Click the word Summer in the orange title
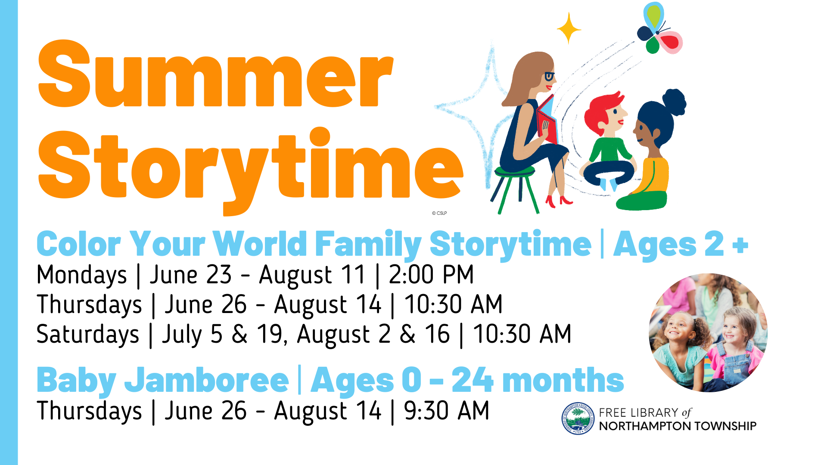(x=215, y=74)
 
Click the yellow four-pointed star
(x=569, y=28)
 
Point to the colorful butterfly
(x=659, y=29)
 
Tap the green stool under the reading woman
(x=515, y=189)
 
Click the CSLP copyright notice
(x=439, y=213)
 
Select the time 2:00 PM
(x=431, y=275)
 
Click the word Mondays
(x=82, y=276)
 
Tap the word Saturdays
(x=88, y=335)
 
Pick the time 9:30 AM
(x=447, y=411)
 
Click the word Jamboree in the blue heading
(x=207, y=380)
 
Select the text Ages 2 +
(x=681, y=245)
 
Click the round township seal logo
(x=578, y=418)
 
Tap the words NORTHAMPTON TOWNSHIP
(x=678, y=426)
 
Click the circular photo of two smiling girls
(x=708, y=332)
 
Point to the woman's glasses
(x=550, y=77)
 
